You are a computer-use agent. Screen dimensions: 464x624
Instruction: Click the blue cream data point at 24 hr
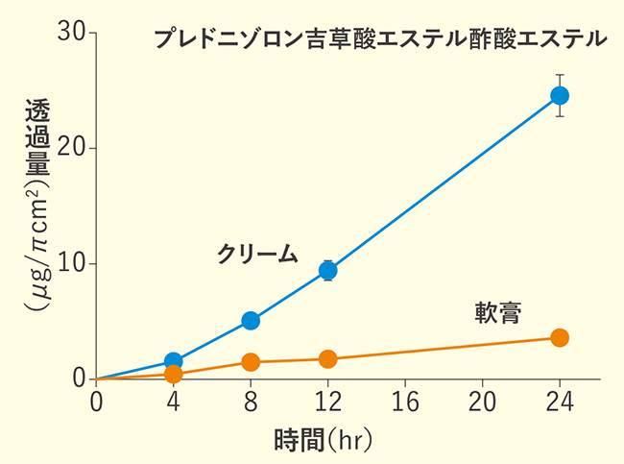[560, 95]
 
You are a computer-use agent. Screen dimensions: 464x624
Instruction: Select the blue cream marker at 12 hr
[328, 271]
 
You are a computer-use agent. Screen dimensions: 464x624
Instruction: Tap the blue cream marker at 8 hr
[251, 320]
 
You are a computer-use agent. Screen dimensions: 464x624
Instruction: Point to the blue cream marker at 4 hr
[174, 361]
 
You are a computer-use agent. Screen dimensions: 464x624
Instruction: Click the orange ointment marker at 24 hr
[560, 337]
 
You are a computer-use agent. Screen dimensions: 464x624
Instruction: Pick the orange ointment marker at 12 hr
[328, 359]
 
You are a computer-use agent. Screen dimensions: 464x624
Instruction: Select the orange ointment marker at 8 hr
[251, 362]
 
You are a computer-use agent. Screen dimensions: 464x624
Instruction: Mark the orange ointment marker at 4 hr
[174, 374]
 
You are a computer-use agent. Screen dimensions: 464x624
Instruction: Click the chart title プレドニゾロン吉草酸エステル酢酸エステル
[379, 39]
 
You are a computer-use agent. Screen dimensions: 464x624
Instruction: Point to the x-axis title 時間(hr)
[322, 441]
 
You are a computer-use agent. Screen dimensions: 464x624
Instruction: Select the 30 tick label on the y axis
[75, 33]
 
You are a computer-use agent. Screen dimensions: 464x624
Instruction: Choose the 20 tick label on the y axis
[75, 148]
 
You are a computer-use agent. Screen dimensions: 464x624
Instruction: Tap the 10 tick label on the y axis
[75, 264]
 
